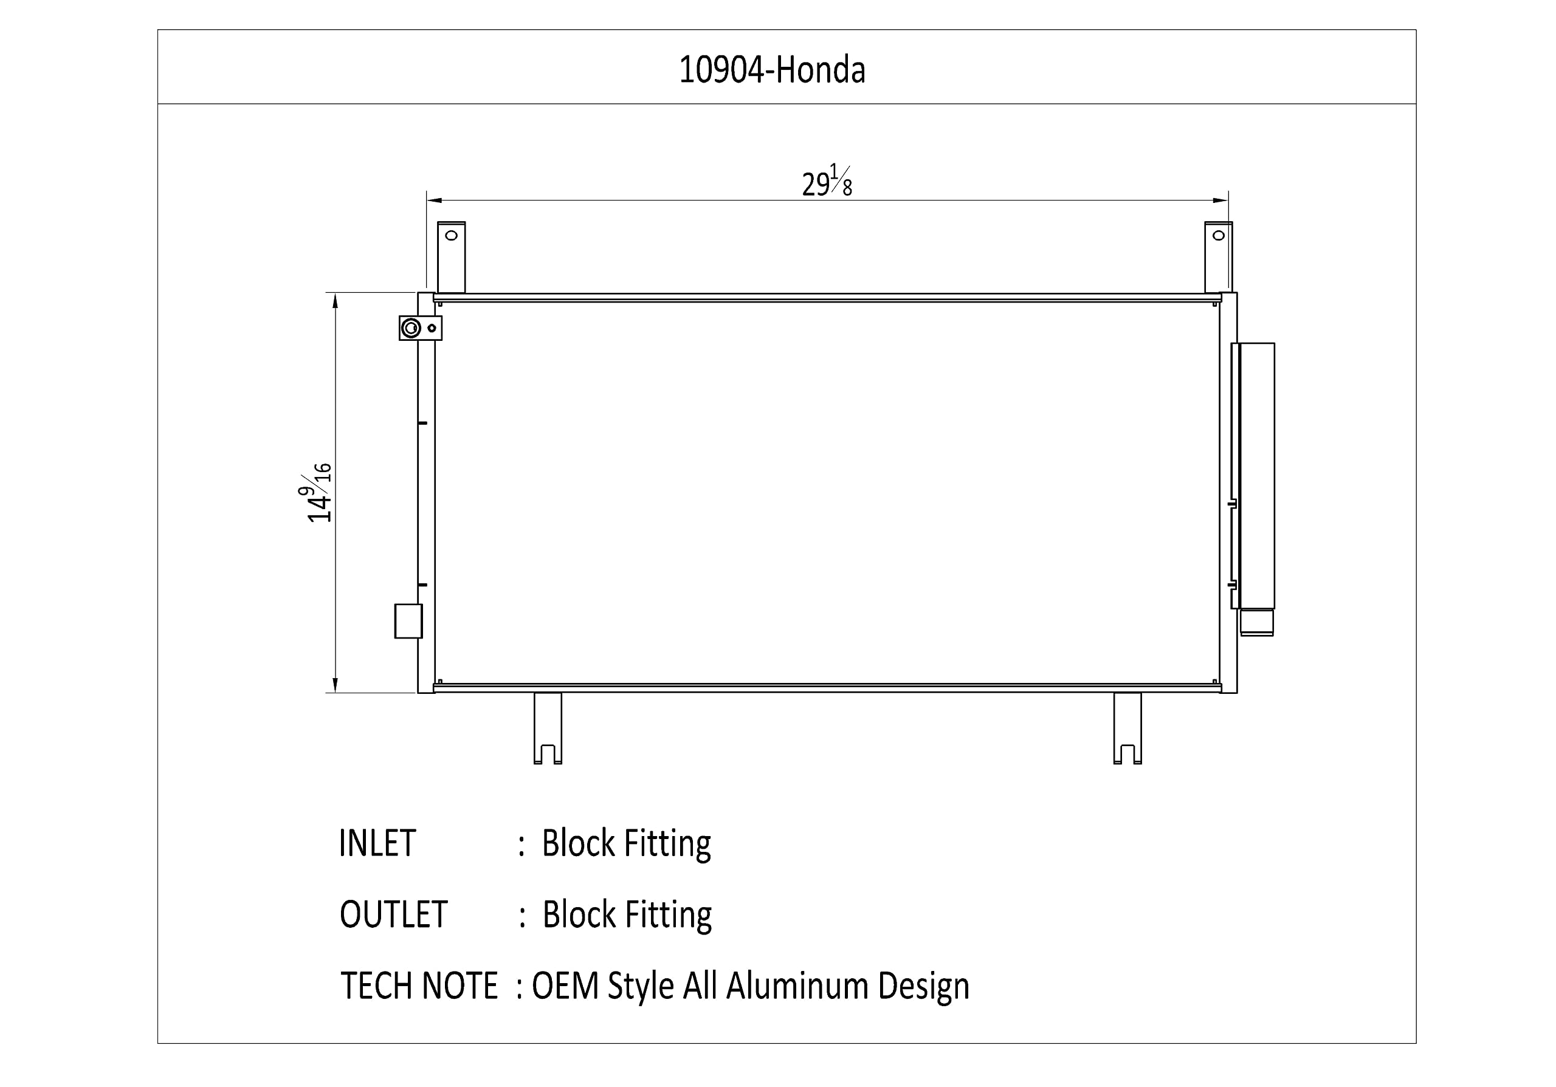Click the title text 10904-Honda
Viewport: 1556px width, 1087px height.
pyautogui.click(x=772, y=70)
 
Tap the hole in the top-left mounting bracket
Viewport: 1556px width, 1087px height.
pyautogui.click(x=452, y=236)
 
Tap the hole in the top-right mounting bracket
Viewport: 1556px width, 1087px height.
pyautogui.click(x=1219, y=236)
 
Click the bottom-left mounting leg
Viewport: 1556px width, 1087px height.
pyautogui.click(x=548, y=728)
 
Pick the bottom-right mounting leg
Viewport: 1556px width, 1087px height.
pyautogui.click(x=1127, y=728)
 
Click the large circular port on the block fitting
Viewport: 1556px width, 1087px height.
pyautogui.click(x=411, y=329)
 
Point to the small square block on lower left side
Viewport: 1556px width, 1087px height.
pyautogui.click(x=408, y=621)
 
